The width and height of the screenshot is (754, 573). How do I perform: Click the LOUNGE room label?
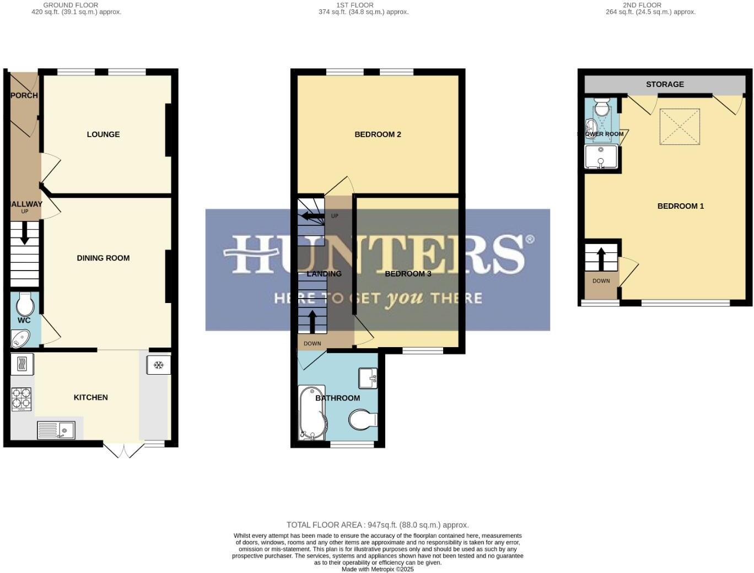(x=103, y=134)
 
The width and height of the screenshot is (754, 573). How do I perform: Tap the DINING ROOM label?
(x=103, y=258)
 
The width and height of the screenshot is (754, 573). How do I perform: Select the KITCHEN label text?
(x=91, y=397)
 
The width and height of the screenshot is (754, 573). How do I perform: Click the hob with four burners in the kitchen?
(x=21, y=399)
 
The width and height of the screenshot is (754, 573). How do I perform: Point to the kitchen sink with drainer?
(x=56, y=430)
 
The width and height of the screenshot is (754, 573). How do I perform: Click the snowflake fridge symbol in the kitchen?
(x=158, y=365)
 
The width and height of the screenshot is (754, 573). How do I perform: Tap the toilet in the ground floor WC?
(x=25, y=305)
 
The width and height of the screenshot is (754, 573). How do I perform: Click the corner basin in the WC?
(x=20, y=339)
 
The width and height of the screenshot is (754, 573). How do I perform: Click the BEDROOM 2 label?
(x=378, y=134)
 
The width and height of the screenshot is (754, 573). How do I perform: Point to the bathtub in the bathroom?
(x=311, y=413)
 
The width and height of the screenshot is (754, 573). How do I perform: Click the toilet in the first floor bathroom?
(x=363, y=420)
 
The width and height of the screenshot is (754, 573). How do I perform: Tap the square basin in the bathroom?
(x=368, y=378)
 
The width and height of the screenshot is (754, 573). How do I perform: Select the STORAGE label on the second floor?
(x=665, y=84)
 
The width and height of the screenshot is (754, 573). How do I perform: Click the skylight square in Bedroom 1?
(x=680, y=127)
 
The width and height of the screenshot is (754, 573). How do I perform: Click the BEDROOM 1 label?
(x=681, y=206)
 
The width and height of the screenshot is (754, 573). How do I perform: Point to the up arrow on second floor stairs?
(x=601, y=258)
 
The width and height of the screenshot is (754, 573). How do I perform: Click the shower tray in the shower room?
(x=601, y=156)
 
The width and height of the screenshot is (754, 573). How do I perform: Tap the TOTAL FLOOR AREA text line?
(x=378, y=525)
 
